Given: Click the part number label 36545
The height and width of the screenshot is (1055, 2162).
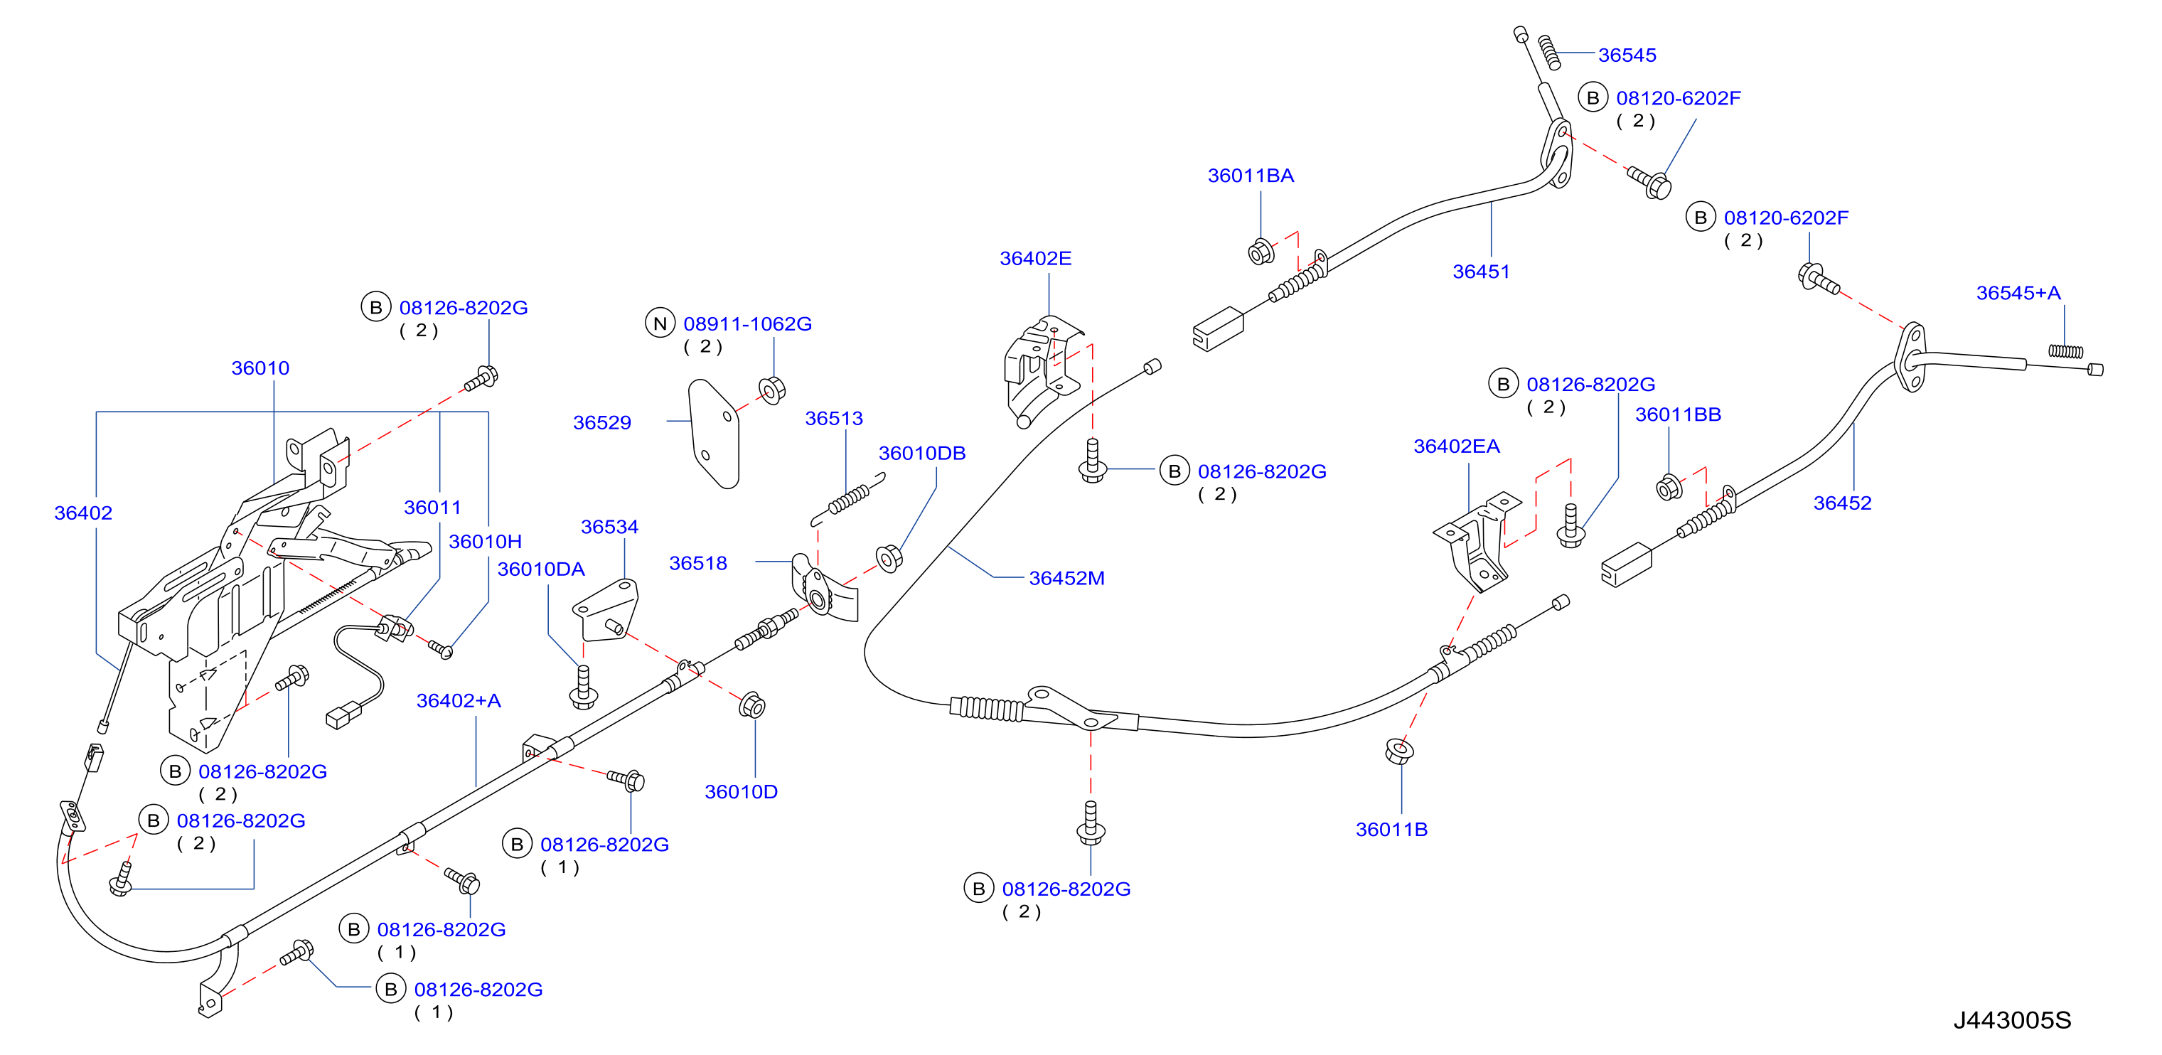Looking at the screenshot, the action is click(x=1627, y=55).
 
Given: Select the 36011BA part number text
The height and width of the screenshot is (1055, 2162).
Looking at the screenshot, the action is click(x=1251, y=176).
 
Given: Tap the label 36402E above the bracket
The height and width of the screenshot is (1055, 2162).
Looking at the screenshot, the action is click(x=1035, y=259).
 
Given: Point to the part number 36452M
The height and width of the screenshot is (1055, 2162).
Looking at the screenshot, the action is click(x=1066, y=578).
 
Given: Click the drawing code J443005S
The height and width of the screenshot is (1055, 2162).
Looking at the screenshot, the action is click(x=2012, y=1021).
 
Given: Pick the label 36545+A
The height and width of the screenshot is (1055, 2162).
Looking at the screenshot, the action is click(x=2018, y=293).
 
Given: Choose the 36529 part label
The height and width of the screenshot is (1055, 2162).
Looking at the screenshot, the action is click(x=601, y=423).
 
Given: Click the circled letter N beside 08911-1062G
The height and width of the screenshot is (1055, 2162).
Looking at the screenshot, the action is click(x=660, y=323).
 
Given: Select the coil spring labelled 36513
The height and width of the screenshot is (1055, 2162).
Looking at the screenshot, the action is click(x=847, y=500).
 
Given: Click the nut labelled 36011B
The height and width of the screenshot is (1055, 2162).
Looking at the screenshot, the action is click(x=1399, y=751).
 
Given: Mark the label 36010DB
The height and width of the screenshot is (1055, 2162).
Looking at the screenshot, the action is click(x=921, y=454).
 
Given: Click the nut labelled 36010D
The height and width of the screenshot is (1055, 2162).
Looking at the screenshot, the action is click(x=752, y=705).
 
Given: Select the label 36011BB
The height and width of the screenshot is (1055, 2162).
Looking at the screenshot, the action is click(x=1678, y=414).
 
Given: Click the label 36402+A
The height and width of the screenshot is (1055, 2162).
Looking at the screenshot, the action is click(x=459, y=701).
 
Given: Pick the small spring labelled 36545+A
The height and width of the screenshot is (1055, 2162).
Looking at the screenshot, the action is click(x=2065, y=350).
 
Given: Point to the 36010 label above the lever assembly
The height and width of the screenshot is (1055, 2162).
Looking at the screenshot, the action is click(x=260, y=368).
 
